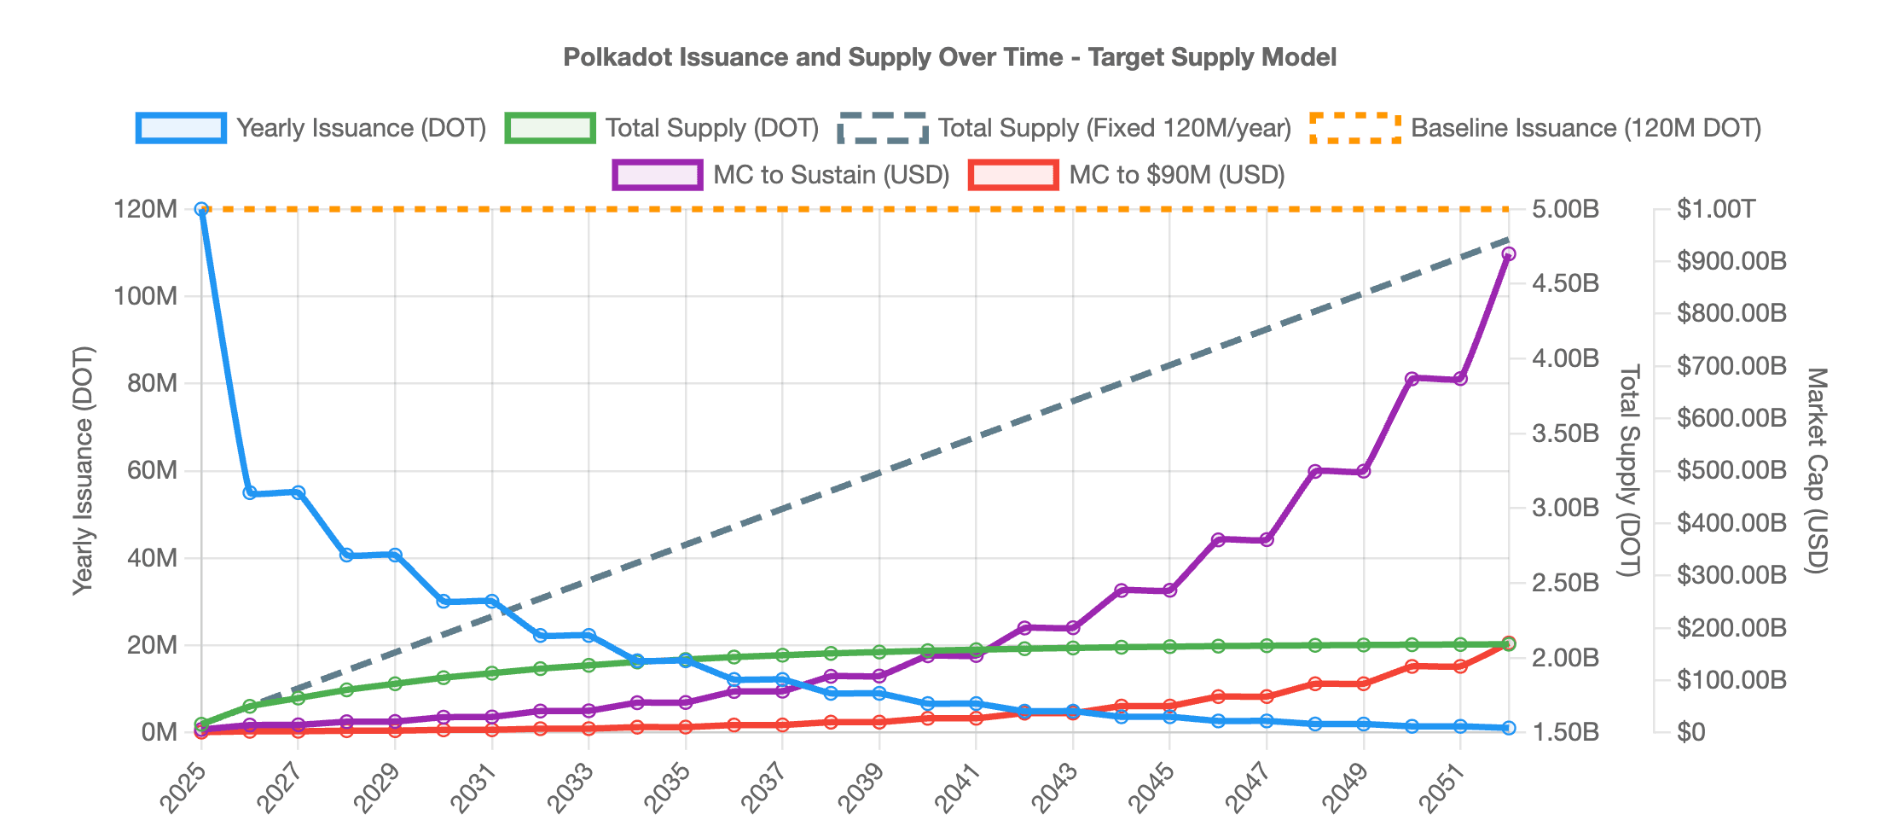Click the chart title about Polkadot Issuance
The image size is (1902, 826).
[949, 57]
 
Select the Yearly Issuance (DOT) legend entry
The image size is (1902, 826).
[311, 128]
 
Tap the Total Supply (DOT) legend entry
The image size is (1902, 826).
[662, 128]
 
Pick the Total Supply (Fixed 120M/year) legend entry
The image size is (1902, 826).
[1064, 128]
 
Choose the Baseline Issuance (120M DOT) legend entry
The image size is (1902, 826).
[1535, 128]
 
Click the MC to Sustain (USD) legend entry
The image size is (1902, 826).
[781, 175]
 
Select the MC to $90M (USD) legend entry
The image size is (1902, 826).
[1128, 175]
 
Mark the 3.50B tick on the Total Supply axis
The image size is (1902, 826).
[1565, 433]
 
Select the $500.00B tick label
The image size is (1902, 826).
[1731, 470]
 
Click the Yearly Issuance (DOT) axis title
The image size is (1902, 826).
[83, 470]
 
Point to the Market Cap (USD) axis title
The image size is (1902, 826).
[1817, 470]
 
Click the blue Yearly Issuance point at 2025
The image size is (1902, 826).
[201, 209]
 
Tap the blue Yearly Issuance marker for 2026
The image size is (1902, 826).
[250, 493]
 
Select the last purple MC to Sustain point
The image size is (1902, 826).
[1508, 253]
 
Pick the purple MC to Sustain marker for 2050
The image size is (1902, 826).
[1412, 379]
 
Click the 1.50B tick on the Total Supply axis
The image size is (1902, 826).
[1565, 732]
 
